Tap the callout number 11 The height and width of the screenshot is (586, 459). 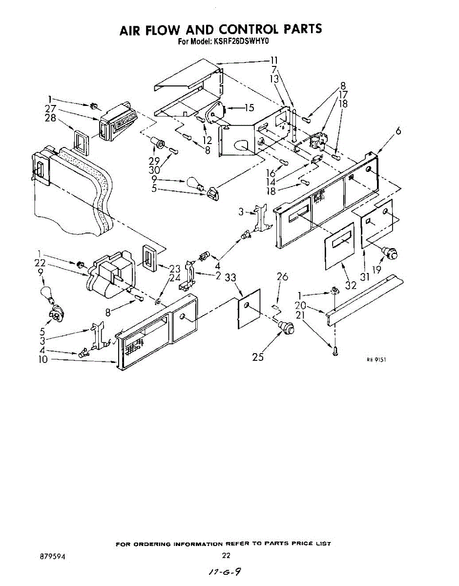tap(274, 61)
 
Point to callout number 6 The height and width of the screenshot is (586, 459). tap(399, 131)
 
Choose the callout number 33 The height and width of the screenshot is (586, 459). tap(231, 278)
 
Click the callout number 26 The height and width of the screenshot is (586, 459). tap(282, 277)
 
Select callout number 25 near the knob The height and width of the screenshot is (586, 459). tap(258, 357)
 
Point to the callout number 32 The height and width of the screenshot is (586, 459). tap(351, 285)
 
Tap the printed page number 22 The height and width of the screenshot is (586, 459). tap(226, 555)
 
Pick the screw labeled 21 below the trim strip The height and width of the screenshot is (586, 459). tap(335, 350)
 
